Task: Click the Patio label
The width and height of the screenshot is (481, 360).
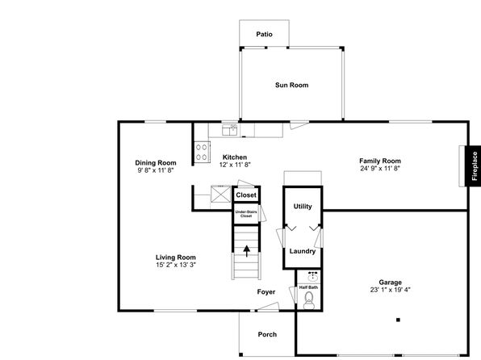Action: [264, 34]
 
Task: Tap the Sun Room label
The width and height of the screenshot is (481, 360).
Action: [291, 85]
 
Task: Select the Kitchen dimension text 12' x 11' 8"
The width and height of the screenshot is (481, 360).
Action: [235, 165]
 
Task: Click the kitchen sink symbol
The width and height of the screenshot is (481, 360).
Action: [230, 130]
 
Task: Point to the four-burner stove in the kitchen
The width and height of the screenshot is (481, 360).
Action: [202, 152]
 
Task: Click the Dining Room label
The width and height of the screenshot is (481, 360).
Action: [156, 163]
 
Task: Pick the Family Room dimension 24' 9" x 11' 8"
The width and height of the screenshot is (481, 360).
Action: [380, 168]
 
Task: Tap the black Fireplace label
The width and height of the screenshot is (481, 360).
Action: [475, 166]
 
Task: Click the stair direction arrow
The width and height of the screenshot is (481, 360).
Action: [246, 251]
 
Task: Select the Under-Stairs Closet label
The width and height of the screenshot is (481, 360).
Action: [246, 214]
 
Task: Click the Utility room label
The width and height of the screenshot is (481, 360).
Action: [303, 207]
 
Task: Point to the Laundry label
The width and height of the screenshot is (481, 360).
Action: [303, 251]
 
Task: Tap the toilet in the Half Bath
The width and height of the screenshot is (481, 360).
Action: [308, 300]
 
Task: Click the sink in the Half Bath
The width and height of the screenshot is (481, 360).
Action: [312, 277]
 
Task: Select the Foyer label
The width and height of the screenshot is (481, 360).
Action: [266, 292]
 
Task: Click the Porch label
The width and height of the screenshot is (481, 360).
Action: [267, 334]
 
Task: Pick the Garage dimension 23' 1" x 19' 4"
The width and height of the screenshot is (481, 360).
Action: [390, 290]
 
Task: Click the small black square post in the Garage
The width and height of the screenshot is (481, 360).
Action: [398, 320]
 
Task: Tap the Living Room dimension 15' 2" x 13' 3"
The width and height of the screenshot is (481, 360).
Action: [176, 265]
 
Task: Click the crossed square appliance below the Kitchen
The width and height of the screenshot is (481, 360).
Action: [220, 195]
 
